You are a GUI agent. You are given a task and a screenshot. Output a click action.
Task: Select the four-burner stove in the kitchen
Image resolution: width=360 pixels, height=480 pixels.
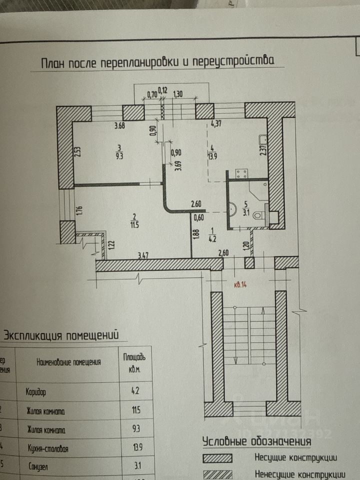click(242, 174)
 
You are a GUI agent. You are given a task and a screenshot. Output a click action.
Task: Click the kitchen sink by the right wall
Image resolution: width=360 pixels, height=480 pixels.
click(263, 139)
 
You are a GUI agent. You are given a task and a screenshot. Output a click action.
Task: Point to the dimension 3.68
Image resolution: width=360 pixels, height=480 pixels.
click(119, 125)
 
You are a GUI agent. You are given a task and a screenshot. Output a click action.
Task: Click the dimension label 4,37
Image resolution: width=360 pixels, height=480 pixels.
click(216, 124)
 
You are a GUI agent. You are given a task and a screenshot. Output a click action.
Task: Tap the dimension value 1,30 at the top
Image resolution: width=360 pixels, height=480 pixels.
click(177, 93)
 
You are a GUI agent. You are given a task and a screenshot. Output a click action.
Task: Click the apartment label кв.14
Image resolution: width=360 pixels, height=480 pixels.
click(241, 286)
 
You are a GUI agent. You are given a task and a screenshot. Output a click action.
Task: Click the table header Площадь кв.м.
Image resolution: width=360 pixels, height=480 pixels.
click(134, 362)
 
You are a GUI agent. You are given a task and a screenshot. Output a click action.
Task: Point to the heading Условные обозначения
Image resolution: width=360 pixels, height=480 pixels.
click(256, 441)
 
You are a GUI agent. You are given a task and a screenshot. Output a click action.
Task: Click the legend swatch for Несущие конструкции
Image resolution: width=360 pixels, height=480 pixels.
click(217, 458)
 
